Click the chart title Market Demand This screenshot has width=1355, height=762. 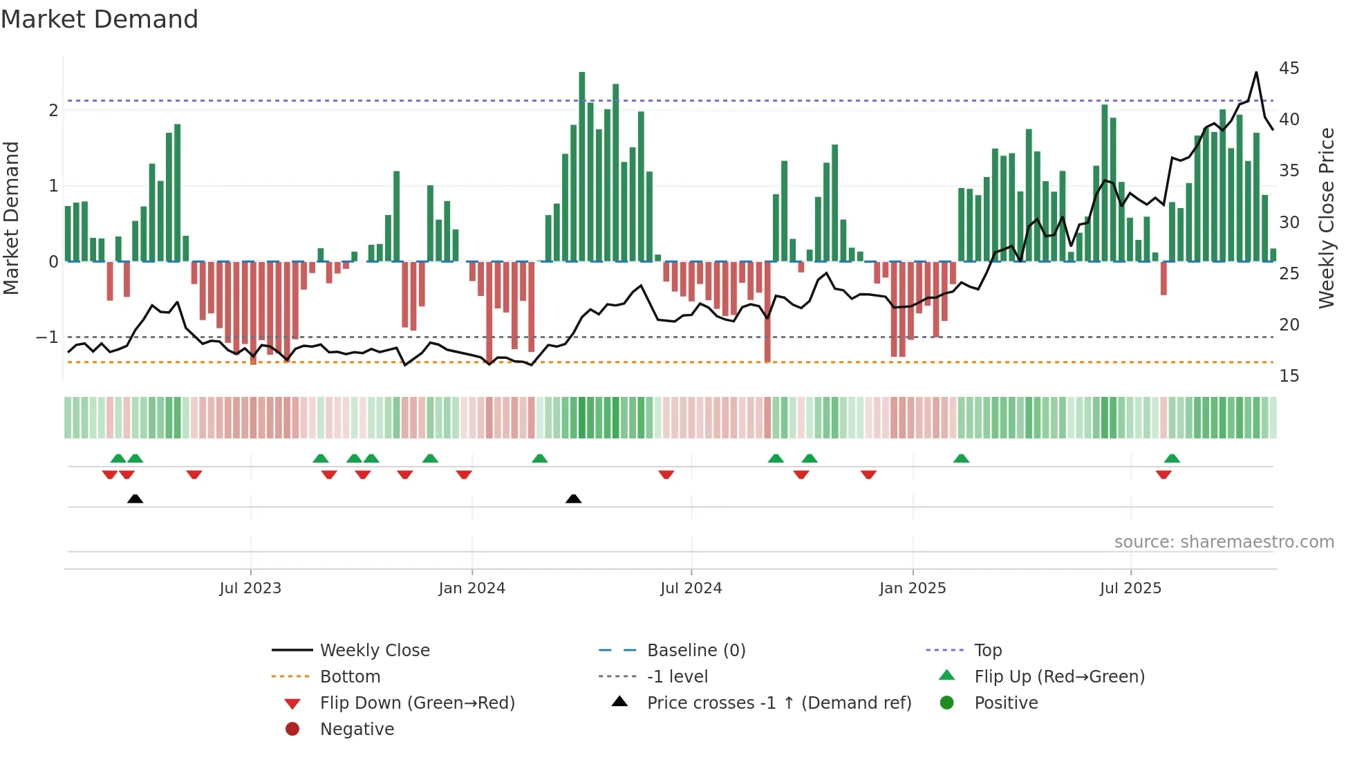click(100, 19)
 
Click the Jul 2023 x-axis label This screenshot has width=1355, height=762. click(250, 588)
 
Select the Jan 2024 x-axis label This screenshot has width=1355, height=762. click(471, 588)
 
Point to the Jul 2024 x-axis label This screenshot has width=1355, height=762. click(691, 588)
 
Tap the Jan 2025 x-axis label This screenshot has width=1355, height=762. click(913, 588)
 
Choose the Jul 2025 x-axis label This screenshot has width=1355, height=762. click(1130, 588)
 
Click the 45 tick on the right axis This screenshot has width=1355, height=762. click(1289, 68)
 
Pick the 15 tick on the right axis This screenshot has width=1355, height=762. click(1289, 376)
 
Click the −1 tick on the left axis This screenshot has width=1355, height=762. click(47, 337)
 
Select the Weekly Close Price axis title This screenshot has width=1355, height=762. click(1326, 218)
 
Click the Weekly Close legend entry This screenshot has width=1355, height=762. click(374, 651)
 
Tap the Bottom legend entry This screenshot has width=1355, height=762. click(350, 677)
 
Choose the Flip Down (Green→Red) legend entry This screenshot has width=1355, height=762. click(417, 703)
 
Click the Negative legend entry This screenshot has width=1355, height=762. click(357, 730)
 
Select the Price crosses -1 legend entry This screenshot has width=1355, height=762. click(778, 703)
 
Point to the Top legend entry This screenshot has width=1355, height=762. click(987, 651)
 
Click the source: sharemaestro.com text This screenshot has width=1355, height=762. click(1224, 542)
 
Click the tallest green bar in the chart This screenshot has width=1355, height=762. click(582, 166)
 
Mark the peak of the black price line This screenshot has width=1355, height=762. click(1256, 73)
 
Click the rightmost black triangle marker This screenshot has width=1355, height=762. click(573, 499)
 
